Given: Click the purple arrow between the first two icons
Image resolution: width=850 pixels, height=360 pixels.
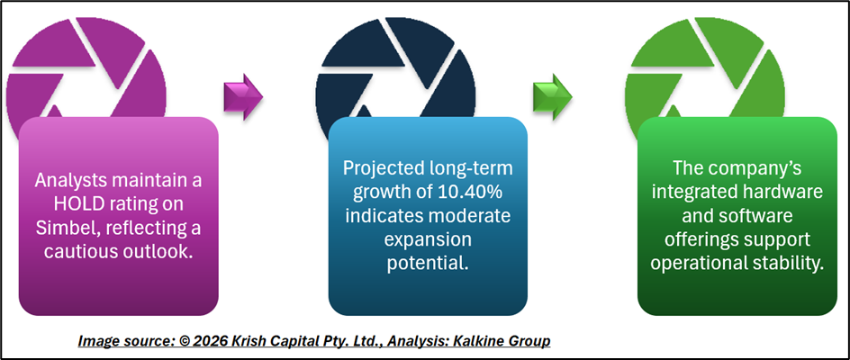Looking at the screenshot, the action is tap(243, 97).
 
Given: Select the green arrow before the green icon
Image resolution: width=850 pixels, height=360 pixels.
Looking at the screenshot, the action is tap(552, 97).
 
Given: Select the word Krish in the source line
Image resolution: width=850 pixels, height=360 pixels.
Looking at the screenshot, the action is tap(246, 341).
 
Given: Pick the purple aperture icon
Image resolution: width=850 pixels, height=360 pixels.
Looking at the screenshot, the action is tap(86, 67).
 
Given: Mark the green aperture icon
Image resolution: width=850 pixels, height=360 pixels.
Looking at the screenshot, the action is tap(705, 67).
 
